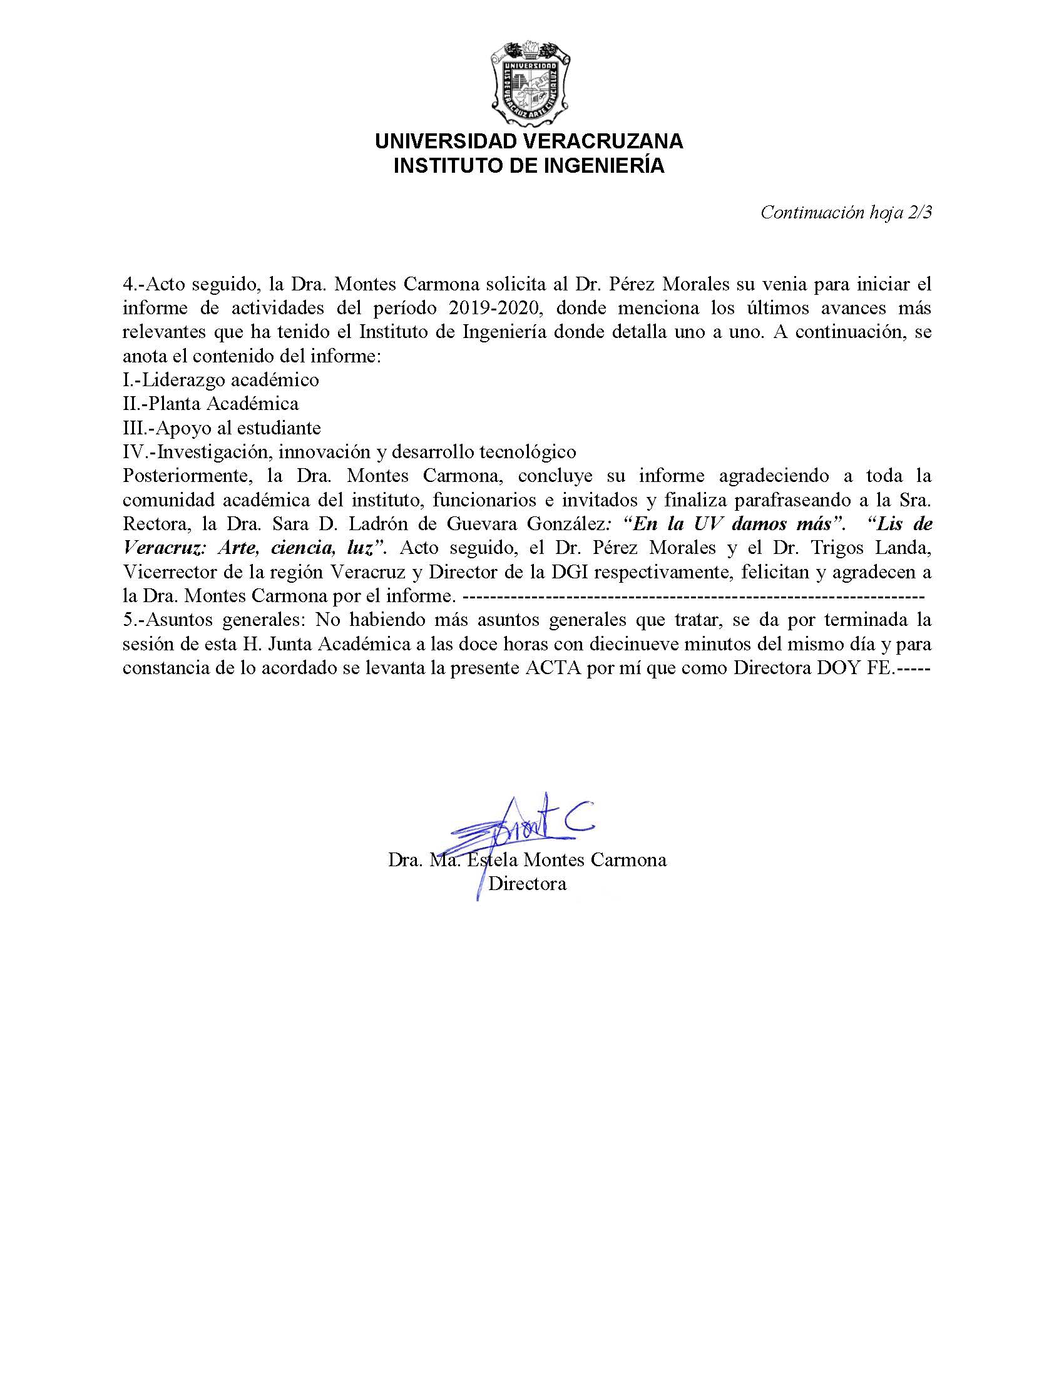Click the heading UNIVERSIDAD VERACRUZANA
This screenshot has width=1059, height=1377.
click(528, 141)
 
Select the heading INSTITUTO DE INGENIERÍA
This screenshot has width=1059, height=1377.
click(528, 166)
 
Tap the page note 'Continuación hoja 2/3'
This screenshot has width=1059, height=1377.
click(846, 212)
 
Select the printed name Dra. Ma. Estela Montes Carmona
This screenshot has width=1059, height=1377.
click(528, 859)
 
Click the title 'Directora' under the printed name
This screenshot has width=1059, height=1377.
click(528, 884)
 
